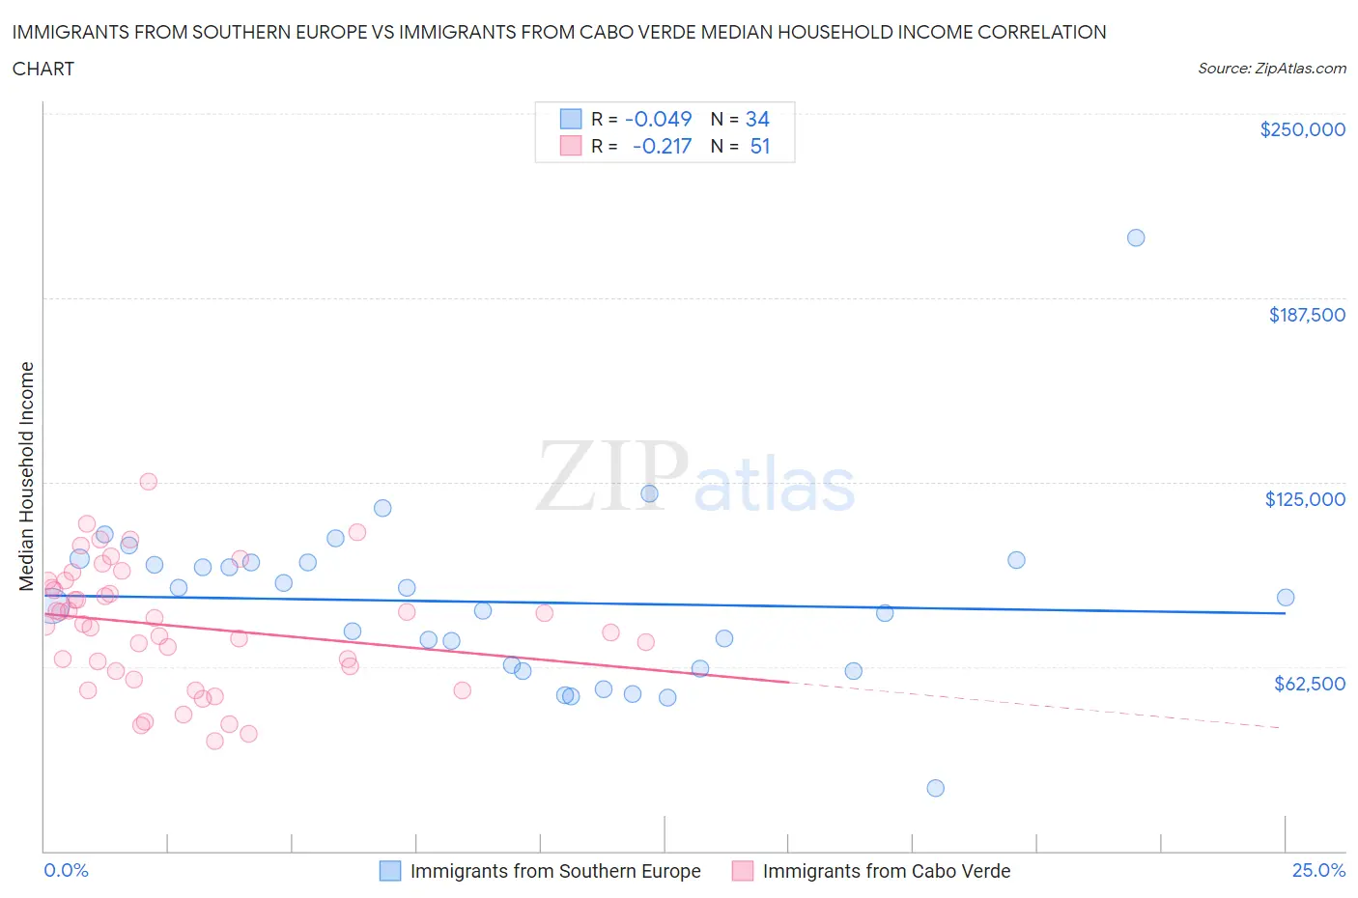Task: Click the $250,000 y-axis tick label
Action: pos(1302,130)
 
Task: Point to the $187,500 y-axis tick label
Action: pos(1307,315)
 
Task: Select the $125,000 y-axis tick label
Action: pos(1305,499)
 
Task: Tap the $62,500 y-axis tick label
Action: pos(1310,684)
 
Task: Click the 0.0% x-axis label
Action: pos(66,870)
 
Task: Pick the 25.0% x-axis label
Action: pos(1318,870)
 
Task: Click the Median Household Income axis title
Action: pos(27,476)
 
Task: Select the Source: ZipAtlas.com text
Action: pos(1271,69)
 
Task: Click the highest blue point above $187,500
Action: pos(1136,238)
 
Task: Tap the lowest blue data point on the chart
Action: pos(935,788)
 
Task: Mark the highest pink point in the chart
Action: pos(149,482)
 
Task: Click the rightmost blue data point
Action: pos(1286,598)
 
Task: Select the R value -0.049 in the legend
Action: pos(659,119)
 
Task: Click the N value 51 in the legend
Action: pos(760,146)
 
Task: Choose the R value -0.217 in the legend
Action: pos(662,146)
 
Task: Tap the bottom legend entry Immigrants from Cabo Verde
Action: pos(886,871)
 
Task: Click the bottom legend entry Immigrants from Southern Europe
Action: pos(554,871)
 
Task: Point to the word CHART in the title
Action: pos(43,69)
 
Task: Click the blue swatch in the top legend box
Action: pos(571,119)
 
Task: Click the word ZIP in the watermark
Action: pos(611,475)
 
